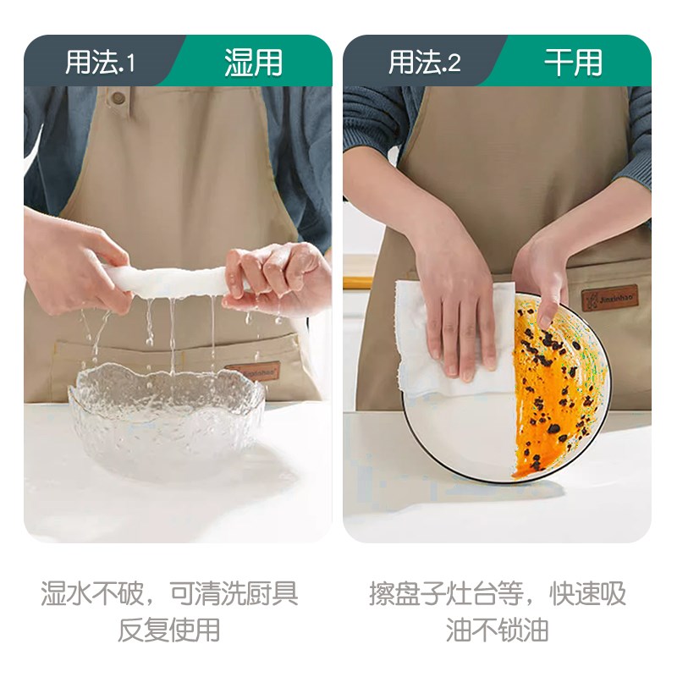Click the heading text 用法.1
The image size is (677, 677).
[100, 63]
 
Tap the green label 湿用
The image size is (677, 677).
[253, 63]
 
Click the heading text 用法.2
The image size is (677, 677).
[424, 63]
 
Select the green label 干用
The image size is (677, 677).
[573, 63]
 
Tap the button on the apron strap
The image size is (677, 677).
[118, 96]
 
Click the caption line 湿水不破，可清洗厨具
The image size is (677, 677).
[169, 593]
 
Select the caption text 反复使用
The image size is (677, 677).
[169, 630]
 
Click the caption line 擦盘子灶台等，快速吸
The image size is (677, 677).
[498, 593]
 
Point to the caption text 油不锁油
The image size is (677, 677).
[498, 630]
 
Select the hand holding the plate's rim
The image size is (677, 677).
[542, 271]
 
